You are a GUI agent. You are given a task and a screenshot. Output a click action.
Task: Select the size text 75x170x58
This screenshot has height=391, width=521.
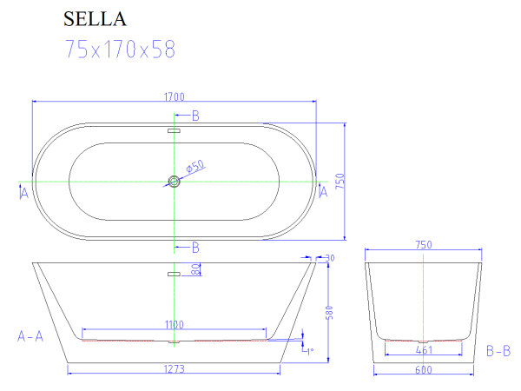tap(120, 50)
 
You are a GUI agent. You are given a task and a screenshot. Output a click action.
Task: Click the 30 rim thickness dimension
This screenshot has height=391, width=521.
tap(329, 257)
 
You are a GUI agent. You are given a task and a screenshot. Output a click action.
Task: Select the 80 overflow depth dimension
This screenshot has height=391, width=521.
tap(196, 270)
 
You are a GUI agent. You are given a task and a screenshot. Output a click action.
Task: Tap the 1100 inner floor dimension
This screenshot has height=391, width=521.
tap(175, 325)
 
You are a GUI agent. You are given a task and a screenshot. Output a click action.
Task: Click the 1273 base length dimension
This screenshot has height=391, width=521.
tap(175, 368)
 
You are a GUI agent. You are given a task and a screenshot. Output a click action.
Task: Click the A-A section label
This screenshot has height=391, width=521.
tap(30, 335)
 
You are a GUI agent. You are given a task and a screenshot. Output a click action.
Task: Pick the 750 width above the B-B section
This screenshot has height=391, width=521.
tap(423, 246)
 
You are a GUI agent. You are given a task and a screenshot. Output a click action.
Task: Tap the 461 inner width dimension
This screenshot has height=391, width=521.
tap(423, 350)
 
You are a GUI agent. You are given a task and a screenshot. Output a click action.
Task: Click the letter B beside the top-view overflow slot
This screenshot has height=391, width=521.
tap(195, 116)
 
